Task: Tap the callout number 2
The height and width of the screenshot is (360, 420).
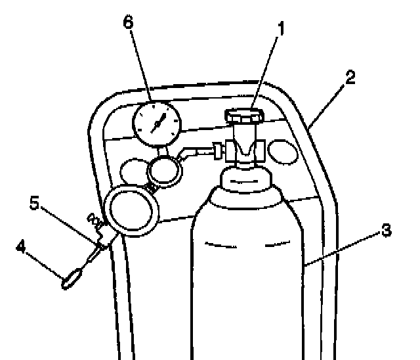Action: pos(350,77)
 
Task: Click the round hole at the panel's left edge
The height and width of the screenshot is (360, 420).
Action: pos(134,171)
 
